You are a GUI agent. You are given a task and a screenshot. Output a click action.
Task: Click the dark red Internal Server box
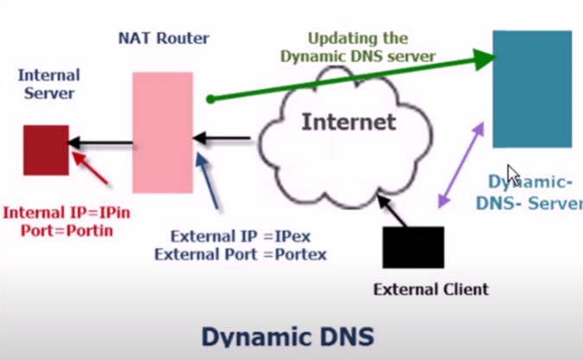pos(46,150)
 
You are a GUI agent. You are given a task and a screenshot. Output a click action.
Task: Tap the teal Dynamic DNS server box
pos(532,88)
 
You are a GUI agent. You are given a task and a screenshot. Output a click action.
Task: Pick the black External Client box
pos(413,247)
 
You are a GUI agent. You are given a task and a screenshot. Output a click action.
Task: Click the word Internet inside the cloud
pos(349,122)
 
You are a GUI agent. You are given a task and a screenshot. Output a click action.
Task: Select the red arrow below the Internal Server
pos(93,170)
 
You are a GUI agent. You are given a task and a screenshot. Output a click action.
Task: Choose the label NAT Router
pos(164,38)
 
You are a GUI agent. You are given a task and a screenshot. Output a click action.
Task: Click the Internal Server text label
pos(49,84)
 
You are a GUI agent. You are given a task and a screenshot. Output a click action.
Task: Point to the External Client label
pos(432,289)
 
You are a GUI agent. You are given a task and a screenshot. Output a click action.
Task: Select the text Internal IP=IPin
pos(61,213)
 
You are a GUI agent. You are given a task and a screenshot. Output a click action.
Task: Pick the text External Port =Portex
pos(240,254)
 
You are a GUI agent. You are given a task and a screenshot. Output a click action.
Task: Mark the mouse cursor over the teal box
pos(513,174)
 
